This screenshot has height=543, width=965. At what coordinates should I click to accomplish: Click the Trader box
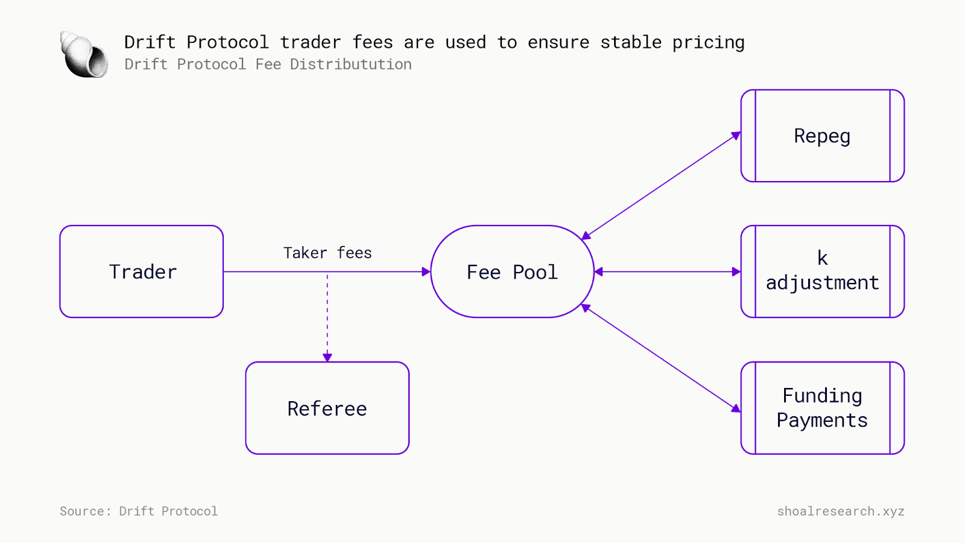click(142, 271)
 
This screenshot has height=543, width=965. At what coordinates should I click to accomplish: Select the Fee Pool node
click(512, 271)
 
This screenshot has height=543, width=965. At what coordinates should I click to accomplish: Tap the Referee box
click(327, 408)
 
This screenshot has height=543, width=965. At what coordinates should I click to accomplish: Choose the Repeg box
click(822, 136)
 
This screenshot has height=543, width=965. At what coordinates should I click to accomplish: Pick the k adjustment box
click(822, 271)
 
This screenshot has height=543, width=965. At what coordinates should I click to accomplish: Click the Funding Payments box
click(822, 408)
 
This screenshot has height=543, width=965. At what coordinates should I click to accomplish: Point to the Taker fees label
click(327, 253)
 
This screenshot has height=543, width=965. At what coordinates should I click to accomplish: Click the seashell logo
click(84, 54)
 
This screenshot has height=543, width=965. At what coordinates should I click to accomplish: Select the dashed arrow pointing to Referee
click(327, 317)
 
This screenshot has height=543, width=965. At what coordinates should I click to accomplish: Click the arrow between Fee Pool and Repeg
click(661, 185)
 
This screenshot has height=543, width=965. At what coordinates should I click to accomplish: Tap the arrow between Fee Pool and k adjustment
click(667, 271)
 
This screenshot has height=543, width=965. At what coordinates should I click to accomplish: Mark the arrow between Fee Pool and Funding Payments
click(661, 358)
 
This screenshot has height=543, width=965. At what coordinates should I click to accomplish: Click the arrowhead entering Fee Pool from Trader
click(426, 271)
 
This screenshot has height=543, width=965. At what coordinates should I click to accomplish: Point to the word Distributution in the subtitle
click(350, 64)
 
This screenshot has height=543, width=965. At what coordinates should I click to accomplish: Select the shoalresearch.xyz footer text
click(840, 511)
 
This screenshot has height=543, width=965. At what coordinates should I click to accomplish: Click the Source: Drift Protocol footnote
click(139, 511)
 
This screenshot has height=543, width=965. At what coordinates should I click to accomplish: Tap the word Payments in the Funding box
click(822, 420)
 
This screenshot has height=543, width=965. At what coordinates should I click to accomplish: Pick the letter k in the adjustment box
click(822, 258)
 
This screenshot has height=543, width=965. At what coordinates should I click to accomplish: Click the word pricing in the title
click(708, 42)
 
